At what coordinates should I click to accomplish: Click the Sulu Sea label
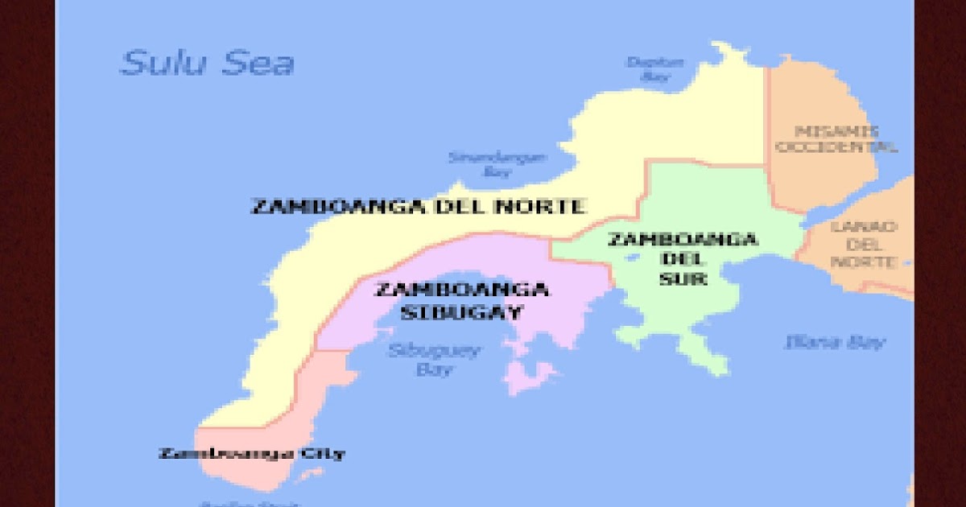coord(207,64)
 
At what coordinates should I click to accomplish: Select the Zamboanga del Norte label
coord(418,206)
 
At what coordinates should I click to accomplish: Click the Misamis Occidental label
coord(835,138)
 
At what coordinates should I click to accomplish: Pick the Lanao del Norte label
coord(864,244)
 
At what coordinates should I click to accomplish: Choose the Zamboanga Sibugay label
coord(461,300)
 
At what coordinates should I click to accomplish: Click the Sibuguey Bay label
coord(434,360)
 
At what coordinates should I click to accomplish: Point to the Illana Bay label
coord(835,342)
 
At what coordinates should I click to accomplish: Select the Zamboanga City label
coord(252,453)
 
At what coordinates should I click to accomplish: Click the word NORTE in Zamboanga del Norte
coord(541,206)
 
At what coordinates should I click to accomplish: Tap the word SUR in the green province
coord(683,279)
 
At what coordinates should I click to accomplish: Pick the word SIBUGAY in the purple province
coord(461,312)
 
